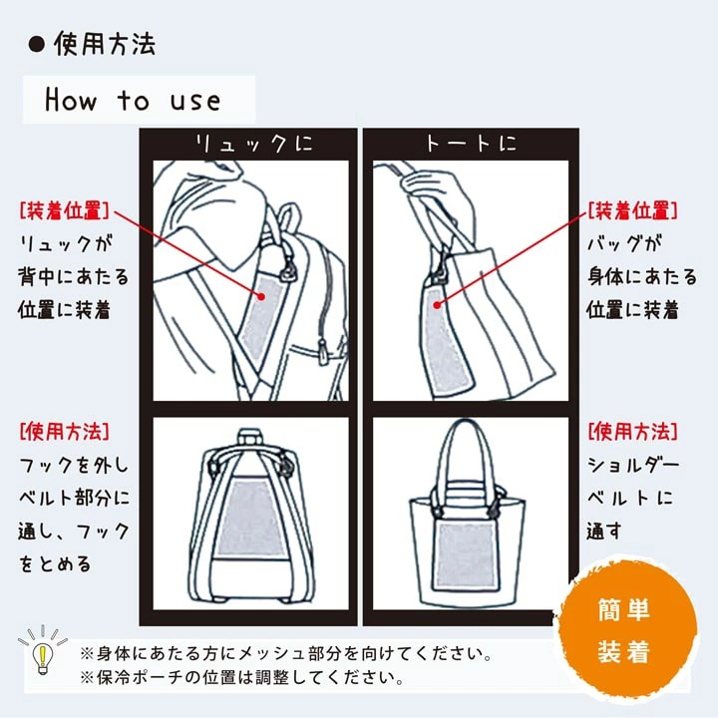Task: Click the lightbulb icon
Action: point(42,650)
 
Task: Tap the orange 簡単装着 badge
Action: point(624,629)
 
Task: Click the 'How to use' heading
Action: point(133,100)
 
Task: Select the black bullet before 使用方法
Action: point(37,45)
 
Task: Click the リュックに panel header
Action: point(253,144)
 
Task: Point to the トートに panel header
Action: point(471,144)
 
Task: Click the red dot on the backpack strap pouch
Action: point(261,296)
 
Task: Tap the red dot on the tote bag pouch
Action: point(438,304)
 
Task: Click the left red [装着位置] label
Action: point(64,211)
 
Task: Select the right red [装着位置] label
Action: point(632,211)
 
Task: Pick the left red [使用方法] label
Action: point(64,432)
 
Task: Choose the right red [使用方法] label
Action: point(632,432)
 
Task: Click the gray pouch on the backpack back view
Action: point(250,517)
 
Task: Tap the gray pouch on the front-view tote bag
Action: point(466,555)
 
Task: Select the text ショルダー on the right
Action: point(633,466)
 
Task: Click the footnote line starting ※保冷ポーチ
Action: point(241,677)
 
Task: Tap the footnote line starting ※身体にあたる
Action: point(286,653)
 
